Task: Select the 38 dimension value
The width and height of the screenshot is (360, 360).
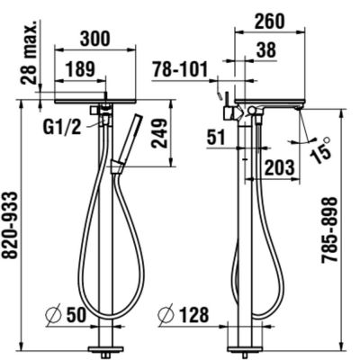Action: [x=265, y=52]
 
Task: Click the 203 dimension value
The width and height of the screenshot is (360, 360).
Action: [x=281, y=166]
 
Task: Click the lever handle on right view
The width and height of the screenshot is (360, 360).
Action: [x=220, y=94]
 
